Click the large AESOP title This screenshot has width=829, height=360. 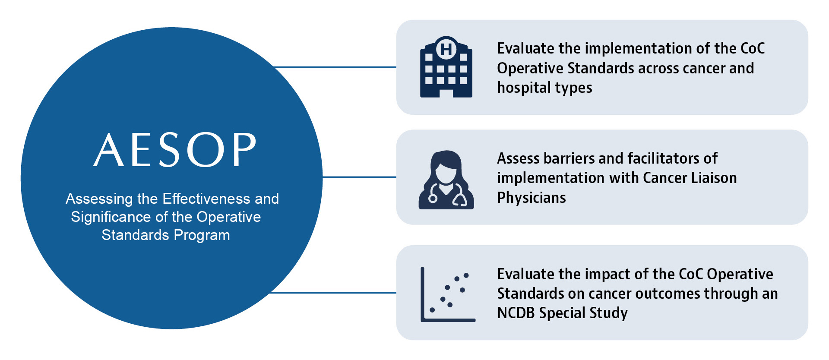pyautogui.click(x=175, y=150)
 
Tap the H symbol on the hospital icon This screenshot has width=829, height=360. pyautogui.click(x=446, y=49)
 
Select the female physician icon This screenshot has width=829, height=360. pyautogui.click(x=446, y=180)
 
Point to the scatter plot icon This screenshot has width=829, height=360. pyautogui.click(x=448, y=294)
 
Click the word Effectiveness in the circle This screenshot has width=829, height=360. pyautogui.click(x=206, y=199)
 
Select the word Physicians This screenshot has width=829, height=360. pyautogui.click(x=532, y=198)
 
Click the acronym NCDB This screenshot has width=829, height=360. pyautogui.click(x=516, y=313)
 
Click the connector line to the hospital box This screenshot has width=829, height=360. pyautogui.click(x=335, y=67)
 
